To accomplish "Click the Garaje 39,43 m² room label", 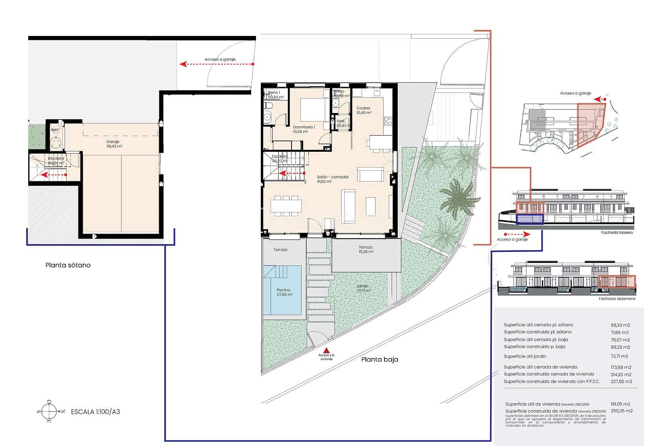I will (x=114, y=144).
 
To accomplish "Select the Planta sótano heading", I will (x=68, y=265).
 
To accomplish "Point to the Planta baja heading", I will (x=380, y=359).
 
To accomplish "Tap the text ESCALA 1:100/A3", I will (x=95, y=412).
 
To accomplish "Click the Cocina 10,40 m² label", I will (x=363, y=110).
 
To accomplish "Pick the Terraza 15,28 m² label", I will (x=366, y=249).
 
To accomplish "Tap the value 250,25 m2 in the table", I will (x=621, y=411).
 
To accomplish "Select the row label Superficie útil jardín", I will (x=525, y=356).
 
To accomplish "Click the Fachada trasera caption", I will (x=617, y=232).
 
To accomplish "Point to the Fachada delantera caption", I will (x=617, y=299).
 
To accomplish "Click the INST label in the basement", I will (x=55, y=130).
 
